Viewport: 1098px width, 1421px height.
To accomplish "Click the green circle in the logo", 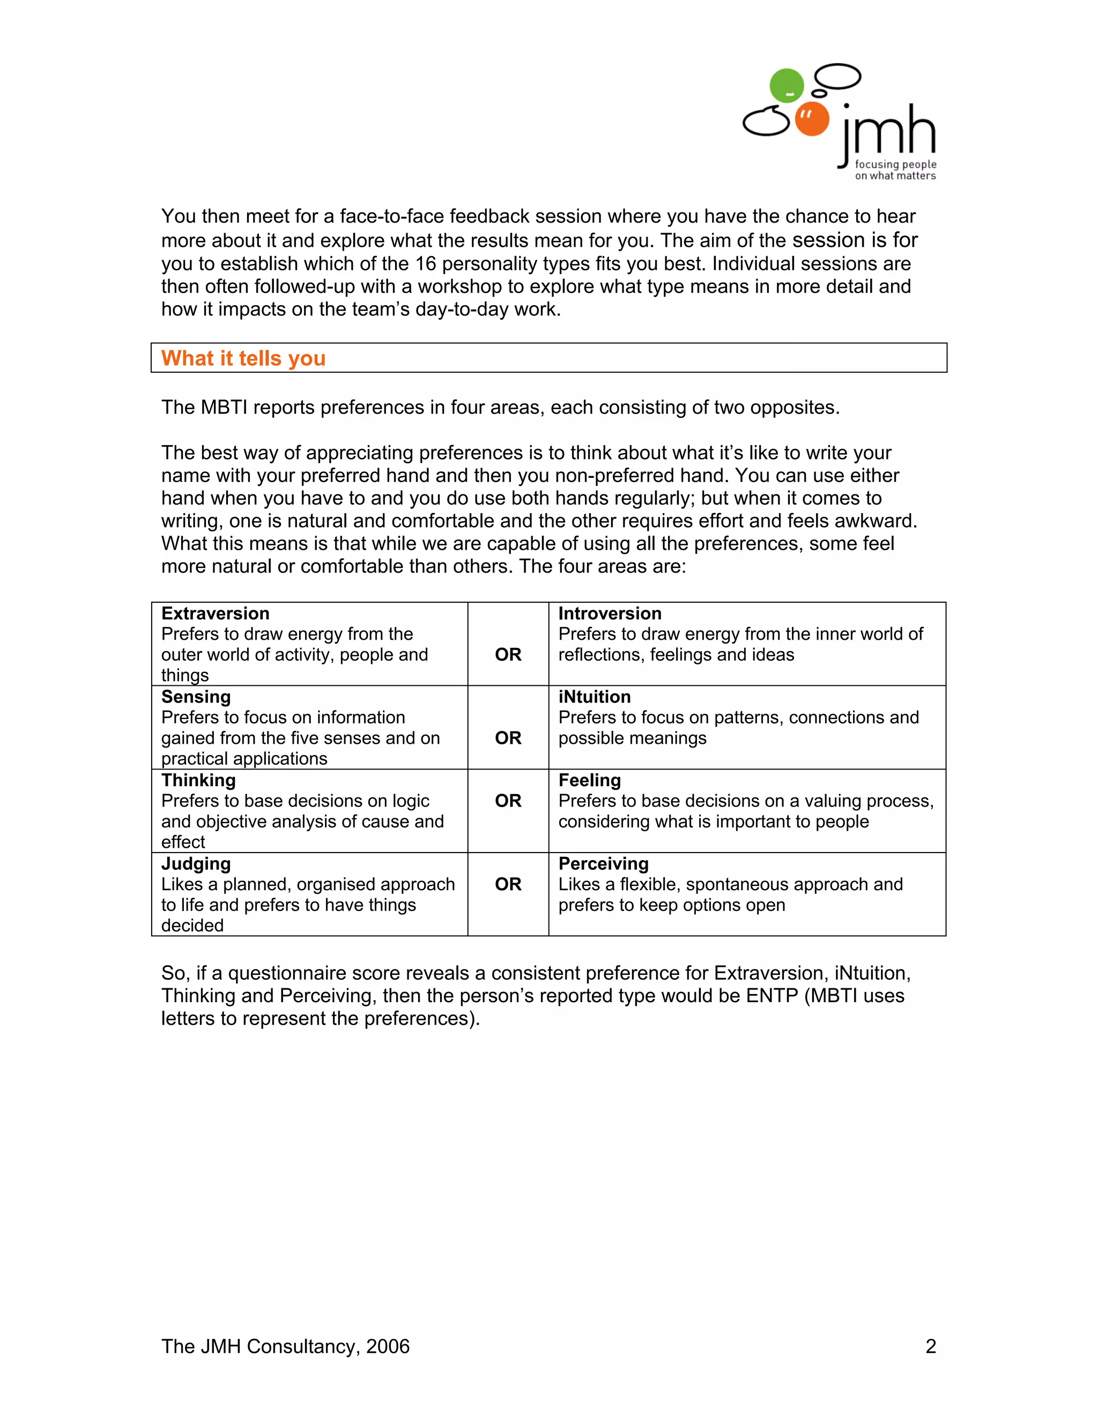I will click(x=787, y=85).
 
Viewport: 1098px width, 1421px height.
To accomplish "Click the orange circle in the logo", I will click(x=811, y=119).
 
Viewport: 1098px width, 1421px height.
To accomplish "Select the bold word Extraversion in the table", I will click(x=216, y=613).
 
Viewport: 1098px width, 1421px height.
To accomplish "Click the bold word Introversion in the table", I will click(x=610, y=613).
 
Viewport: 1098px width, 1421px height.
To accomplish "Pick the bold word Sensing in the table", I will click(x=196, y=697).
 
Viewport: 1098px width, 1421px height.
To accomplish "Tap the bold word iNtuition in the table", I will click(x=595, y=697).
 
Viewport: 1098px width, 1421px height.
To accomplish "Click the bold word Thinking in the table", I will click(x=198, y=780).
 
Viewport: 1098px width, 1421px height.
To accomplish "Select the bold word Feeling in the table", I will click(x=589, y=780).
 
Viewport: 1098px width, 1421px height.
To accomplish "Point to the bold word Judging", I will click(x=196, y=863).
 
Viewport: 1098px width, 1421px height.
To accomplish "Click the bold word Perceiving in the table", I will click(x=604, y=863).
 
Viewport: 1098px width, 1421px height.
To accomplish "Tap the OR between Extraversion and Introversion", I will click(x=508, y=655).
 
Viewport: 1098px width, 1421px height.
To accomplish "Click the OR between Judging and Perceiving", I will click(x=508, y=884).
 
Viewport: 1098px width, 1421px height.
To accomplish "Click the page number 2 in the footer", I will click(x=931, y=1346).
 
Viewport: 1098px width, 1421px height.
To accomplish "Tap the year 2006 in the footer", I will click(x=388, y=1346).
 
